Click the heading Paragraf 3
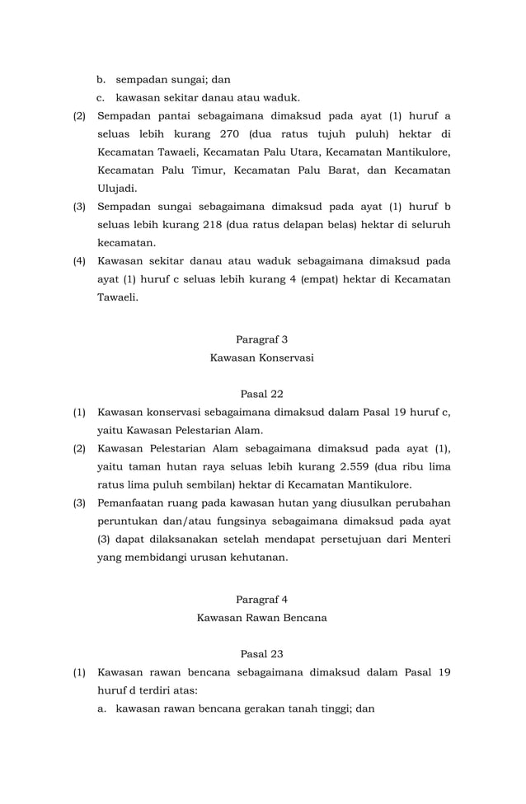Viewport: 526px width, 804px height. coord(261,339)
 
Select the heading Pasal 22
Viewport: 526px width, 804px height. coord(261,393)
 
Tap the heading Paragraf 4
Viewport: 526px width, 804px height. coord(261,599)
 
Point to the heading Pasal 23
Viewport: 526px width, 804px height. coord(261,653)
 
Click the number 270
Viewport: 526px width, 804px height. coord(233,134)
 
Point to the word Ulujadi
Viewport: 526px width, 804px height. coord(117,189)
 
